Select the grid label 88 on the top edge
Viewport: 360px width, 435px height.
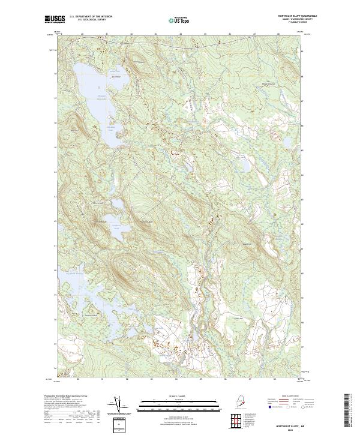tap(279, 34)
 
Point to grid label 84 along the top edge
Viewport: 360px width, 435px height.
tap(180, 34)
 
